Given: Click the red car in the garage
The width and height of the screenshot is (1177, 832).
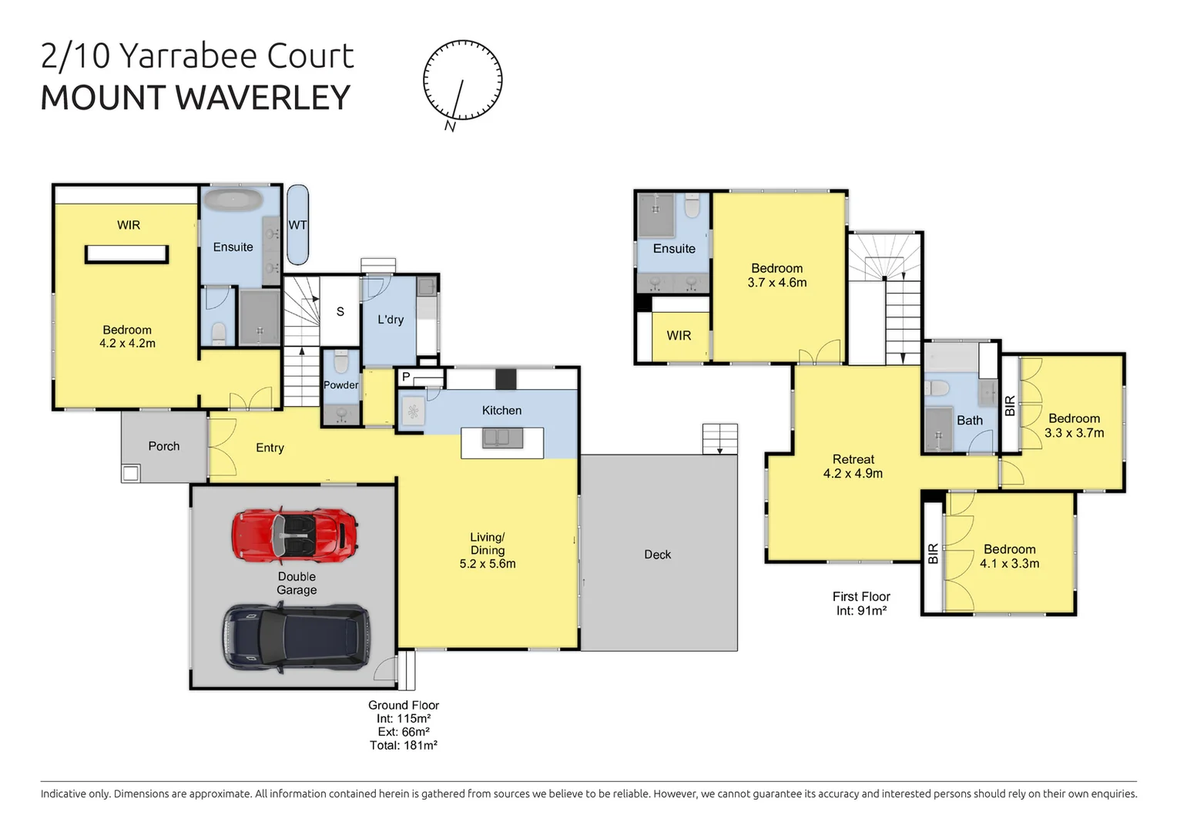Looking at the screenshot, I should [x=295, y=535].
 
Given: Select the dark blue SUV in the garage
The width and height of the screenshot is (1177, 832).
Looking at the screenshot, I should [x=297, y=637].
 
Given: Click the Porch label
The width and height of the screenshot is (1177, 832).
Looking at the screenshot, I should [x=163, y=446].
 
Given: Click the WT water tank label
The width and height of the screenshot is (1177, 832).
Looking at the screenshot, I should [x=297, y=225].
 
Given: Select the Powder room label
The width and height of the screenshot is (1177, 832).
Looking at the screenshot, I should [x=340, y=385].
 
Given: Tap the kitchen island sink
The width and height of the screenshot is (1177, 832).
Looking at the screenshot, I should [x=502, y=438].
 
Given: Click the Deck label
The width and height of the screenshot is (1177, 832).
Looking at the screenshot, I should [x=657, y=555].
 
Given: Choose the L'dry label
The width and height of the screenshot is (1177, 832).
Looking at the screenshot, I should [x=391, y=319].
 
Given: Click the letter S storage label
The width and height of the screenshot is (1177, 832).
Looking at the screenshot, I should [x=340, y=312].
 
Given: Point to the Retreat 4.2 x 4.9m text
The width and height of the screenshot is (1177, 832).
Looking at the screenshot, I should [x=853, y=466].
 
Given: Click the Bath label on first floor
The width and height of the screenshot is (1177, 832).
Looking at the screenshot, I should [x=969, y=420].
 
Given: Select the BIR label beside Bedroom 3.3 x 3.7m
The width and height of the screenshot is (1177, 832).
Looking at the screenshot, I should [x=1010, y=406].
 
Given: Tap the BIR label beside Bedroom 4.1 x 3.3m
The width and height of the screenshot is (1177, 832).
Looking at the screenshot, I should [x=933, y=553].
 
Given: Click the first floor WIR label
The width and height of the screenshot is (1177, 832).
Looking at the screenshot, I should [x=679, y=335].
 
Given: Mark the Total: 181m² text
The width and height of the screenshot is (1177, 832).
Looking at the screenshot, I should [x=404, y=745].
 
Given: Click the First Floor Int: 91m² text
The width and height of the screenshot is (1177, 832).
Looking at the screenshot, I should [x=861, y=603].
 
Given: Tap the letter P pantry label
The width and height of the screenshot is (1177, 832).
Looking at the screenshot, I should [x=406, y=377].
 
